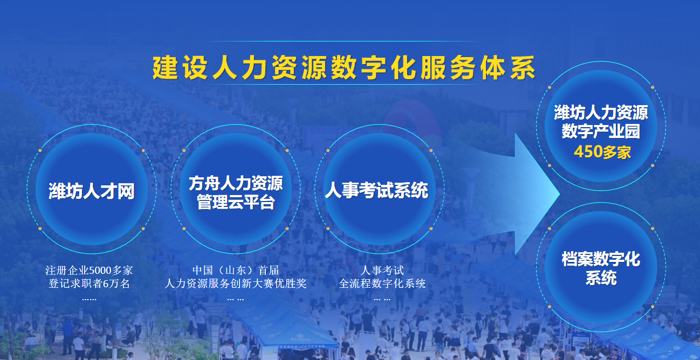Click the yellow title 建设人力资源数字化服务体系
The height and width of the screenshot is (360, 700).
[344, 67]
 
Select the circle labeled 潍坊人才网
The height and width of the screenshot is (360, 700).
[92, 189]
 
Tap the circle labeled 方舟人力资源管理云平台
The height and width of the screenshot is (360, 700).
[236, 189]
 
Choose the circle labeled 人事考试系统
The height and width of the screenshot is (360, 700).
[379, 189]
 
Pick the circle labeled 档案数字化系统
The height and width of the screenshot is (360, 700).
[601, 267]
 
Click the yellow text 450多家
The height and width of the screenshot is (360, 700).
[602, 152]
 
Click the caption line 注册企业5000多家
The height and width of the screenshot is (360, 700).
[89, 271]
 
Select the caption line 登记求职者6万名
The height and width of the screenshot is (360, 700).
[89, 283]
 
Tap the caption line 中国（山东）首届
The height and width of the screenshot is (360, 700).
[236, 271]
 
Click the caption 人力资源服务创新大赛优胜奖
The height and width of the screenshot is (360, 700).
[236, 283]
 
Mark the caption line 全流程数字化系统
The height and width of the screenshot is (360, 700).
[382, 283]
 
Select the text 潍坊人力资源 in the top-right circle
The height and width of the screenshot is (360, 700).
[601, 113]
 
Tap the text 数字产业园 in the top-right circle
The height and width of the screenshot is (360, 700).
[601, 131]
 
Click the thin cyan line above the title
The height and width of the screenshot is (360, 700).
[343, 41]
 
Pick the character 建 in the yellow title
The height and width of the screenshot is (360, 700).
[165, 67]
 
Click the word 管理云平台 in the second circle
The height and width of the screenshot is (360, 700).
[236, 202]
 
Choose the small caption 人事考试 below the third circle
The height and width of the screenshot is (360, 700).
[382, 271]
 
